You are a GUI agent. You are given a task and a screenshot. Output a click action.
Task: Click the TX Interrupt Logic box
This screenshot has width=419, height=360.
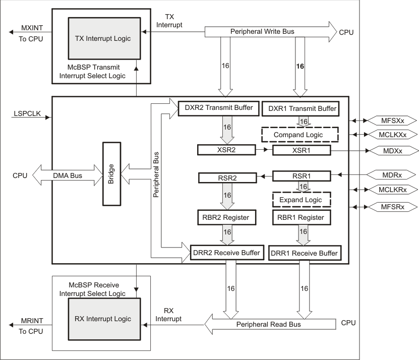(98, 40)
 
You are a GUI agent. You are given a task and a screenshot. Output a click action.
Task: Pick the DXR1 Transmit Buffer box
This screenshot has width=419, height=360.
(300, 108)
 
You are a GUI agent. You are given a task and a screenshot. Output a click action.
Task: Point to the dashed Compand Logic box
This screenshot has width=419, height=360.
(300, 135)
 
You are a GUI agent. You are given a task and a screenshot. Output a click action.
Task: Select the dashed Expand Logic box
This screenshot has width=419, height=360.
(301, 200)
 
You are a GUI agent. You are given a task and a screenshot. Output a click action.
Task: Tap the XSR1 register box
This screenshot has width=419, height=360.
(302, 150)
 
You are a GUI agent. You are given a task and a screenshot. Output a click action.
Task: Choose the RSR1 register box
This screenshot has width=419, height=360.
(302, 176)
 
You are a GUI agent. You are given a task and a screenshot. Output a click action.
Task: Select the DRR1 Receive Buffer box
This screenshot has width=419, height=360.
(304, 253)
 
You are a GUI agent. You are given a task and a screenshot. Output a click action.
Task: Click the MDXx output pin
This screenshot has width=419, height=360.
(391, 150)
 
